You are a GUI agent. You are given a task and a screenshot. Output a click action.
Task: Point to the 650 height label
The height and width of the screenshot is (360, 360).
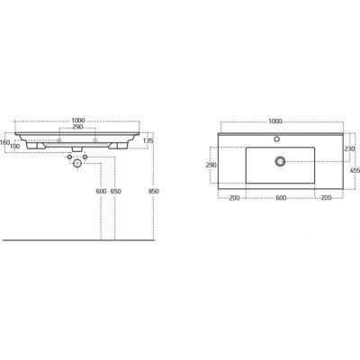117,192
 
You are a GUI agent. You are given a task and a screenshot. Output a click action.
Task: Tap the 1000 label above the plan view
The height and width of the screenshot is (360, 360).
275,120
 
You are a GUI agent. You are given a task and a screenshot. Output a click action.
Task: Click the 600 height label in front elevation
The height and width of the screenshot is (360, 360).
101,192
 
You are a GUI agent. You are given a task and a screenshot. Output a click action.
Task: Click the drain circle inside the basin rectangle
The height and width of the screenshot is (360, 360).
280,160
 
